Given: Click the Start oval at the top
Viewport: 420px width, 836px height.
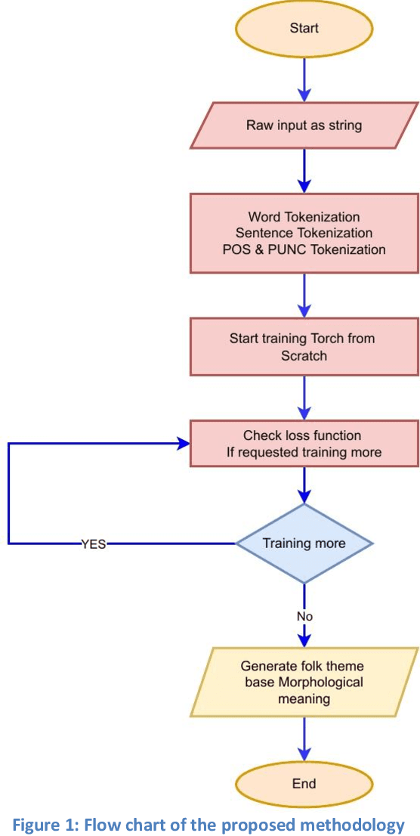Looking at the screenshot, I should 304,29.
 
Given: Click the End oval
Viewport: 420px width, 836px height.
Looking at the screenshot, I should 304,784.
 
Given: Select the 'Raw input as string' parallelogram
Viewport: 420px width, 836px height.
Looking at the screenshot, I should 304,125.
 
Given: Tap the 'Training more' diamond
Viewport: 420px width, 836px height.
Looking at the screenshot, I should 304,543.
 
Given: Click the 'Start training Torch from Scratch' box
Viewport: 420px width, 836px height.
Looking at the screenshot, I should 304,347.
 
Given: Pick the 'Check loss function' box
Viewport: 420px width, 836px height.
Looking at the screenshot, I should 304,444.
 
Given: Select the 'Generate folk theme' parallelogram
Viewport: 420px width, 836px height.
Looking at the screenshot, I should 304,682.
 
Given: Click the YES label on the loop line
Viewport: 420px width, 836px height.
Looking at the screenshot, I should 94,543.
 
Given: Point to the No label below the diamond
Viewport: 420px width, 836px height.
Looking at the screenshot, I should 304,616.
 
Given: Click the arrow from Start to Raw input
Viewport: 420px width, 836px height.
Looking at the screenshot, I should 304,79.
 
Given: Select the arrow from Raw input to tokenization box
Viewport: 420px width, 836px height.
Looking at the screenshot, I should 304,171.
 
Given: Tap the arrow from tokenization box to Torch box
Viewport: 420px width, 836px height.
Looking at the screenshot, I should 304,295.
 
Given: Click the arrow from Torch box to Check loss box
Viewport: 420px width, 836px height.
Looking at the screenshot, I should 304,398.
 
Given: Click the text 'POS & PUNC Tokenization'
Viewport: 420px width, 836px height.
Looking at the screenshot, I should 304,249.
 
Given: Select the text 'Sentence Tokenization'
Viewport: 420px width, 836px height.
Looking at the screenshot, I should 304,233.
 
